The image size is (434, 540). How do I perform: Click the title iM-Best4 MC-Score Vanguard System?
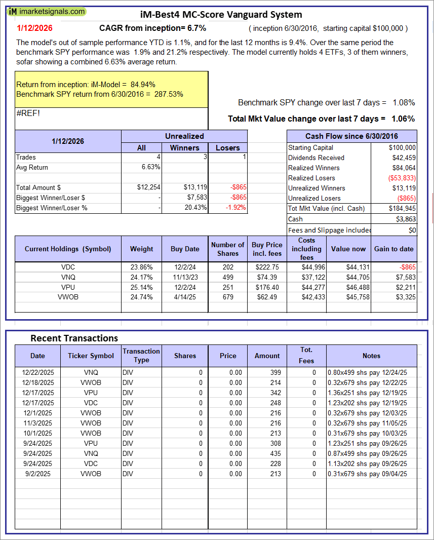pyautogui.click(x=220, y=15)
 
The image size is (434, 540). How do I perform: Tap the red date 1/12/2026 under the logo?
pyautogui.click(x=34, y=28)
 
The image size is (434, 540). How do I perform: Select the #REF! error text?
pyautogui.click(x=28, y=113)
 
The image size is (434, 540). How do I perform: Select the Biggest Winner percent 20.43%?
pyautogui.click(x=195, y=208)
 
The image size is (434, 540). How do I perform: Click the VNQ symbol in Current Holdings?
pyautogui.click(x=67, y=277)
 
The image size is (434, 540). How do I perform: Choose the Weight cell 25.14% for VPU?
pyautogui.click(x=142, y=287)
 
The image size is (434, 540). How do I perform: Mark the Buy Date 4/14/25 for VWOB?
pyautogui.click(x=185, y=297)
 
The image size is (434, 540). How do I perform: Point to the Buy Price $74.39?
pyautogui.click(x=267, y=277)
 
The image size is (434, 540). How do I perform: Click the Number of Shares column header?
pyautogui.click(x=228, y=249)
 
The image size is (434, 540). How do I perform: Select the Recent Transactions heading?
pyautogui.click(x=74, y=338)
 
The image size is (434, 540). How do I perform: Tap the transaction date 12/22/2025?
pyautogui.click(x=37, y=372)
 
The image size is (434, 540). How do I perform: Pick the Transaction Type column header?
pyautogui.click(x=141, y=356)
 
